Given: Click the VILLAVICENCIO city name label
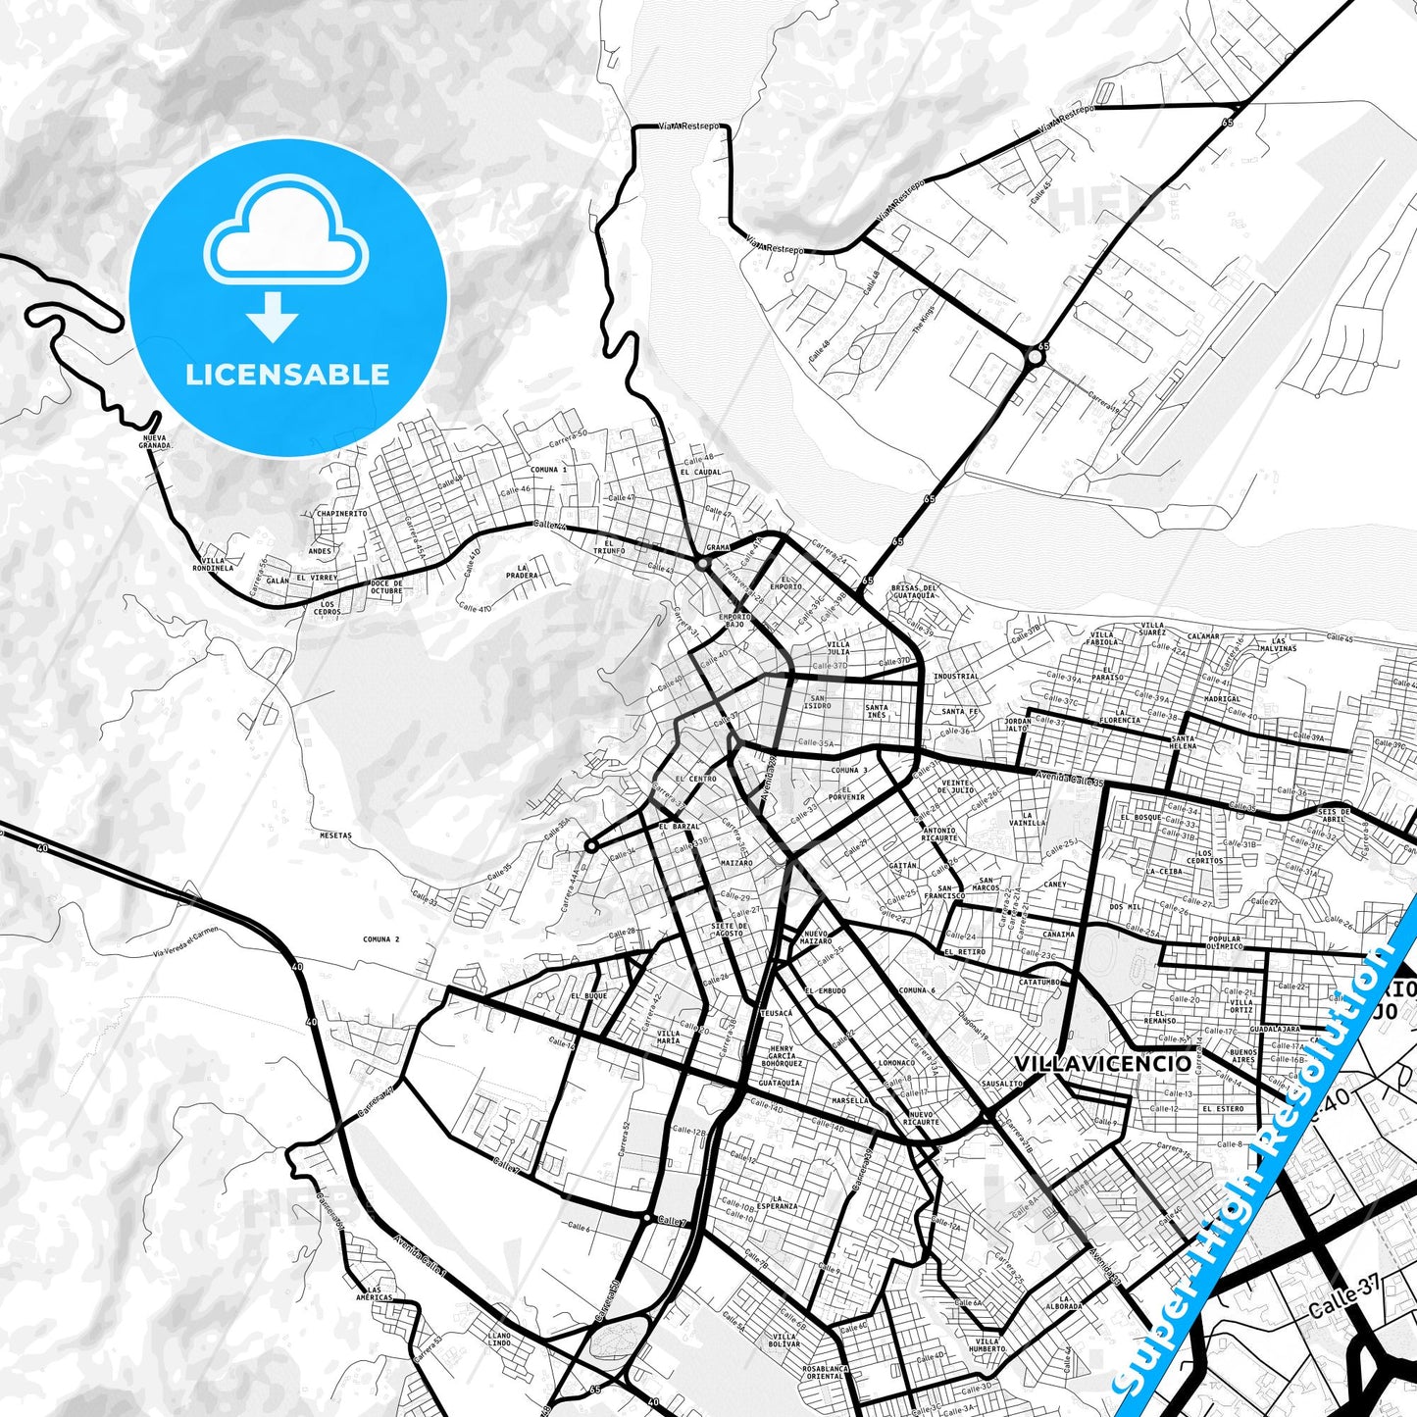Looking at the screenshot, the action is click(x=1103, y=1064).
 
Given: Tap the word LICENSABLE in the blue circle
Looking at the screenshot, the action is click(x=287, y=375).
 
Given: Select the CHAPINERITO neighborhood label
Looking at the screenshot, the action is click(x=341, y=513).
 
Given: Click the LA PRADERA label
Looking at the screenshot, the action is click(x=523, y=571).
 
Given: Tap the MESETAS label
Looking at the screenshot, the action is click(x=335, y=835).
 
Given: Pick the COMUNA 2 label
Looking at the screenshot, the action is click(x=381, y=939).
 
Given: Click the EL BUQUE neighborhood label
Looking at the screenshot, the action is click(x=588, y=995).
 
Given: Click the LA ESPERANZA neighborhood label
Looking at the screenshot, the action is click(x=784, y=1202).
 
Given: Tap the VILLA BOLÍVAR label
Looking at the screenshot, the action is click(x=784, y=1340).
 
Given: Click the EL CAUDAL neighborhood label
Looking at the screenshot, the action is click(x=701, y=472).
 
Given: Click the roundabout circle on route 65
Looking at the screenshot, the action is click(x=1034, y=359).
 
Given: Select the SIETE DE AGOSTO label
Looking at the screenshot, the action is click(x=729, y=930).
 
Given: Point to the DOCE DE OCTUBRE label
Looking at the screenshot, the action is click(x=386, y=586).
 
